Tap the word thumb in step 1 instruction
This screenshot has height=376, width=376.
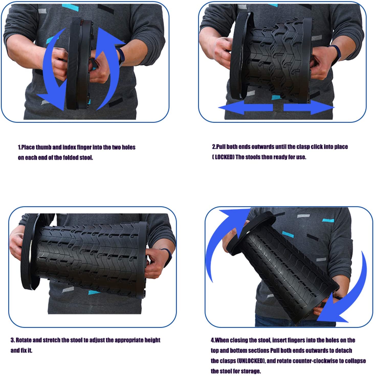(x=43, y=147)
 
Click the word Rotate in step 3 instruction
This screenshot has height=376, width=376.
(x=24, y=340)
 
